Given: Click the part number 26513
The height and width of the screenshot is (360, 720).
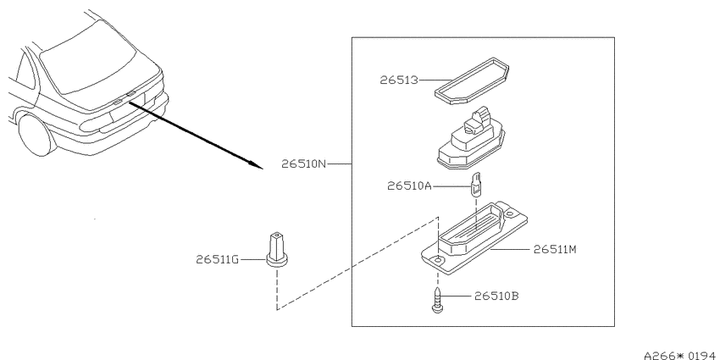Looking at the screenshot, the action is (x=399, y=80).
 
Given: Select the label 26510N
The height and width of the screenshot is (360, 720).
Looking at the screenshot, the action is (x=303, y=164).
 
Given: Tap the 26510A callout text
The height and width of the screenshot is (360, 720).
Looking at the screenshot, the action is (x=410, y=186).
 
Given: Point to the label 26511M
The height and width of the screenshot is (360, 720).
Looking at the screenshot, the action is (x=555, y=249).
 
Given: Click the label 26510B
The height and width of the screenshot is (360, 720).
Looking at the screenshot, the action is (x=496, y=296).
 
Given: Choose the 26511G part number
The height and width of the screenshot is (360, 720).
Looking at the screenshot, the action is (x=218, y=260).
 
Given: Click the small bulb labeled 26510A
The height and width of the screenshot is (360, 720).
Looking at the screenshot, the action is (x=476, y=185).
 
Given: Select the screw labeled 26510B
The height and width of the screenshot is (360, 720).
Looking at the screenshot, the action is (x=438, y=300).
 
